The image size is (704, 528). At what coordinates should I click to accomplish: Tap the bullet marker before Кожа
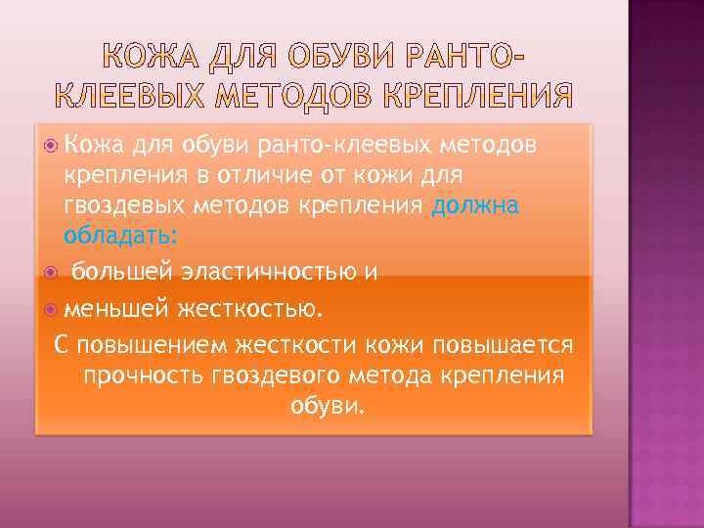51,146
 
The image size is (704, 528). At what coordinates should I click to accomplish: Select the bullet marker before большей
51,271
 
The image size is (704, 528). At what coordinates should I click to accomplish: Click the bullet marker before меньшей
51,310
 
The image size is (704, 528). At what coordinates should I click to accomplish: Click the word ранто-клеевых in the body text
354,146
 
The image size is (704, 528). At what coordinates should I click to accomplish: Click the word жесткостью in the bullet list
248,310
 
